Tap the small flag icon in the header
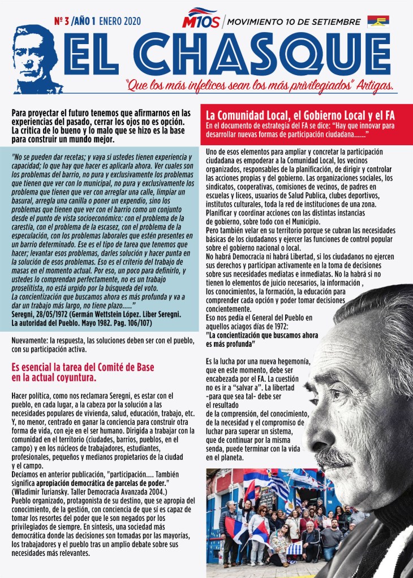pos(378,21)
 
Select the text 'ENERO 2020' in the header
pos(120,22)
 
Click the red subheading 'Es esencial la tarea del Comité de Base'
pos(83,367)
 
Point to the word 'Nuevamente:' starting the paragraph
pos(31,341)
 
